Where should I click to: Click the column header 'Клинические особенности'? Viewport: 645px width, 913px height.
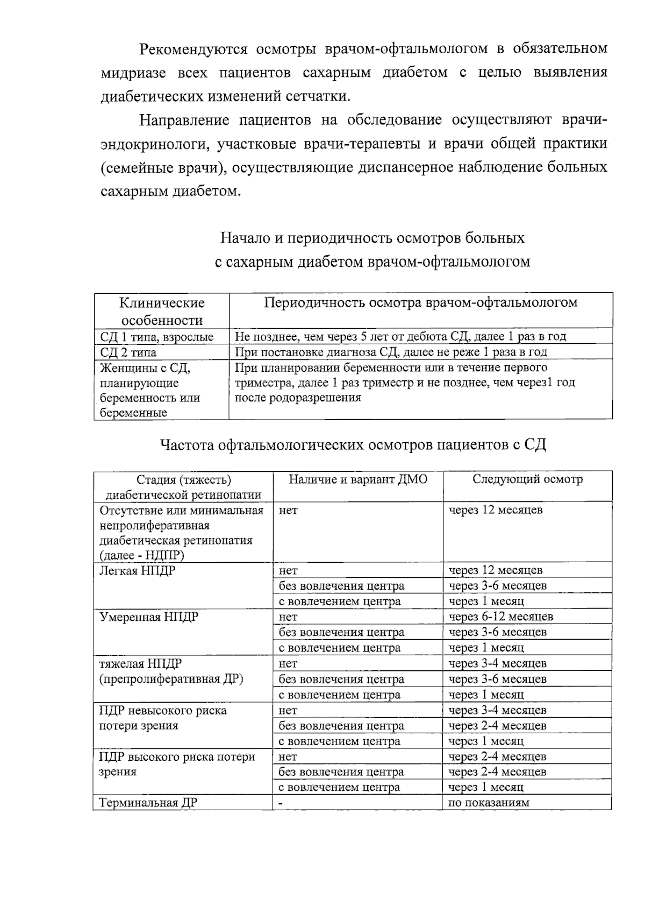pyautogui.click(x=162, y=311)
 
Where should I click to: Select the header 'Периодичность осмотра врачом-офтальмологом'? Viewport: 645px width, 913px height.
pyautogui.click(x=420, y=302)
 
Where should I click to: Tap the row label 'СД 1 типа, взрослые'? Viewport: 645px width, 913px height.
pyautogui.click(x=156, y=337)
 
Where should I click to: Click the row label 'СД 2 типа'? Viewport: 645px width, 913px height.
pyautogui.click(x=128, y=352)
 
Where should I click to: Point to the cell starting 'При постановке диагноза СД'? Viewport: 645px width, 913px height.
pyautogui.click(x=391, y=352)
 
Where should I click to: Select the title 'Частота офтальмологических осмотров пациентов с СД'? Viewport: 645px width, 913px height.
pyautogui.click(x=353, y=445)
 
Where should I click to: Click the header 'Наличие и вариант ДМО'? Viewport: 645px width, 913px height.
pyautogui.click(x=358, y=479)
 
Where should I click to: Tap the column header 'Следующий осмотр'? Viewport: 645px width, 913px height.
pyautogui.click(x=527, y=479)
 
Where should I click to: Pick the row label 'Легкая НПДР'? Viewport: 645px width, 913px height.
pyautogui.click(x=138, y=570)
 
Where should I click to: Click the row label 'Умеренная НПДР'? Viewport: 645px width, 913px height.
pyautogui.click(x=149, y=617)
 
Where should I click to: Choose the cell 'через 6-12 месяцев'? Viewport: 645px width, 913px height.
pyautogui.click(x=500, y=617)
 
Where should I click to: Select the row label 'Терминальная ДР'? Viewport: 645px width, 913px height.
pyautogui.click(x=148, y=803)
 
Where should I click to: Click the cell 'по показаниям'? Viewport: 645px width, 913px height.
pyautogui.click(x=489, y=803)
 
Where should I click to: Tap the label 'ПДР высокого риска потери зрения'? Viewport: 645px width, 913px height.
pyautogui.click(x=177, y=764)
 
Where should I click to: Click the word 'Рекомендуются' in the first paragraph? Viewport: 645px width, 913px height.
pyautogui.click(x=193, y=49)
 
